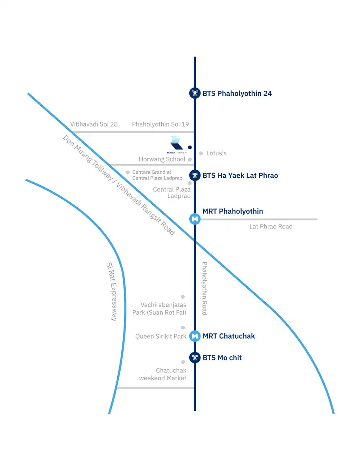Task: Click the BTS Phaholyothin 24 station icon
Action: tap(195, 93)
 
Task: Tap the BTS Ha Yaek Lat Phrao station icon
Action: tap(195, 175)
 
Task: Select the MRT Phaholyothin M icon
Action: tap(195, 219)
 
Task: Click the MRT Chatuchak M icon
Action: tap(195, 336)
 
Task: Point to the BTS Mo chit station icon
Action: tap(195, 357)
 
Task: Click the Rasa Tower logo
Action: tap(176, 144)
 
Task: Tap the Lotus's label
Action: tap(216, 153)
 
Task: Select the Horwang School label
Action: tap(162, 159)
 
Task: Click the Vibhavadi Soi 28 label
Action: tap(94, 124)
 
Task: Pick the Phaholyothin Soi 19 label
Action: tap(160, 124)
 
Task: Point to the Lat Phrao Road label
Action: tap(271, 226)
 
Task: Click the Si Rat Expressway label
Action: tap(112, 292)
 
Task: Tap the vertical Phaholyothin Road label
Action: tap(204, 288)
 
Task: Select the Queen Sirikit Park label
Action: tap(161, 336)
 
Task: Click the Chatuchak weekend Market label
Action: tap(163, 374)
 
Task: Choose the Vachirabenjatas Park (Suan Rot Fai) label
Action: tap(159, 309)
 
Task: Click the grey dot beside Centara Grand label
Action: tap(128, 173)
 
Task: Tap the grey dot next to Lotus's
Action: tap(201, 153)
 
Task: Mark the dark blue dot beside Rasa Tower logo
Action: tap(190, 147)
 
